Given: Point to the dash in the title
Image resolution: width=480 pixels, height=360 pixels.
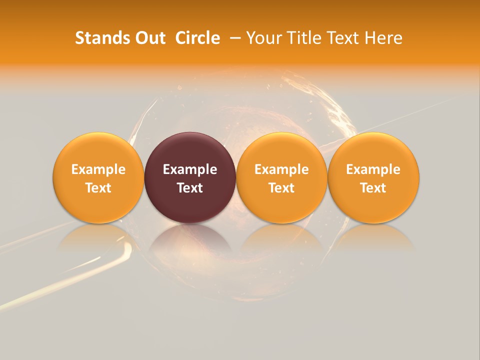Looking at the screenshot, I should point(233,38).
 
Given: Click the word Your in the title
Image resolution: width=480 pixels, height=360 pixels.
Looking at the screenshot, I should point(261,38).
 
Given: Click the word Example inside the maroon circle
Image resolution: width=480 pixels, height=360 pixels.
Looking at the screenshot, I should point(190,169).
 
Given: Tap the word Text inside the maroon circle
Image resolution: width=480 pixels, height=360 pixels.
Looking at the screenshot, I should point(190,188).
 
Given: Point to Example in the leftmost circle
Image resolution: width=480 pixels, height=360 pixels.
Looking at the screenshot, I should point(98,169).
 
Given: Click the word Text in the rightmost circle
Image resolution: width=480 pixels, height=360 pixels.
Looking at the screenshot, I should point(373,188).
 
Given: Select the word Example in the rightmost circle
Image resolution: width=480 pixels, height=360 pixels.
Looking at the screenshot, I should point(373,169).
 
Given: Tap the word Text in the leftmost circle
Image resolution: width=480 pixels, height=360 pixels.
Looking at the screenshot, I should point(98,188).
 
